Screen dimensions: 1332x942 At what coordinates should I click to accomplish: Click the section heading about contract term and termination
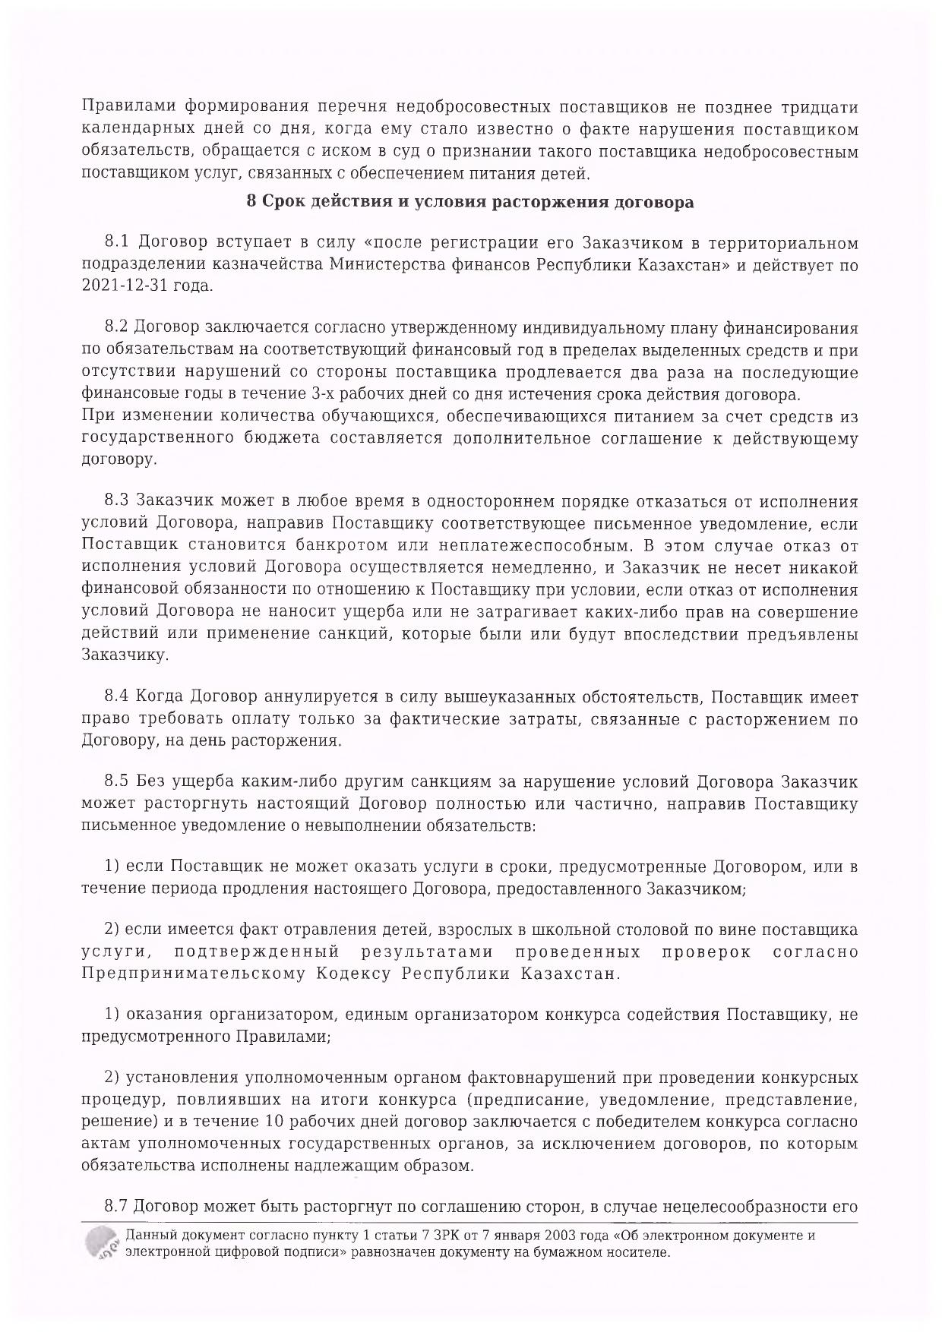click(x=470, y=203)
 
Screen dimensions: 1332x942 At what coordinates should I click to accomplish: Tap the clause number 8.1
click(x=119, y=243)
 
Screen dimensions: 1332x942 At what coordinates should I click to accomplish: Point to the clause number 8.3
click(x=119, y=501)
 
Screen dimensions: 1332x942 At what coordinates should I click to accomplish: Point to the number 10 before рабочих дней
click(x=275, y=1122)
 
